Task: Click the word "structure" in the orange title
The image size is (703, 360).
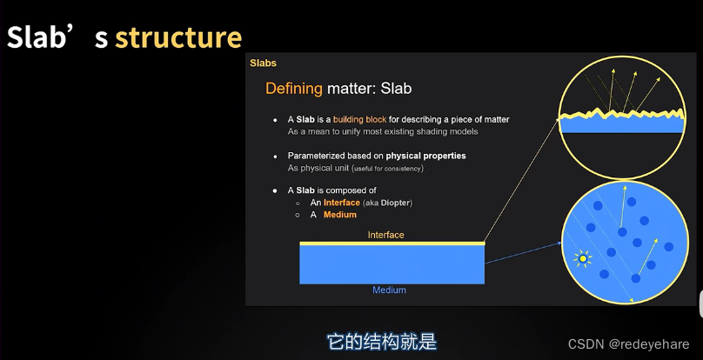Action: click(178, 37)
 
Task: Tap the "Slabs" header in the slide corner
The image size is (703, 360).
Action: click(263, 63)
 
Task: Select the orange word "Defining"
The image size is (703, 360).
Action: click(294, 88)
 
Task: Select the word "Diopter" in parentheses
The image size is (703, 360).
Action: click(394, 203)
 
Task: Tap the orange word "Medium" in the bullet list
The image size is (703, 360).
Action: click(340, 215)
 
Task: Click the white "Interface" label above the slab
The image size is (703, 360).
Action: click(385, 235)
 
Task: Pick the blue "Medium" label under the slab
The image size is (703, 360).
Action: click(389, 290)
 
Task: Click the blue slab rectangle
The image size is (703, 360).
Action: click(392, 264)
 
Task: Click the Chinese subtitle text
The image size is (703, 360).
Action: click(380, 341)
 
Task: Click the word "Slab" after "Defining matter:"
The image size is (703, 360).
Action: click(396, 88)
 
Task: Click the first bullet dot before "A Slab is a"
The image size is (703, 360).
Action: click(276, 119)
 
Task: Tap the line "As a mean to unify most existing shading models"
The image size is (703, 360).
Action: click(383, 131)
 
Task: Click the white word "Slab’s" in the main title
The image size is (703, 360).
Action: click(57, 37)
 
